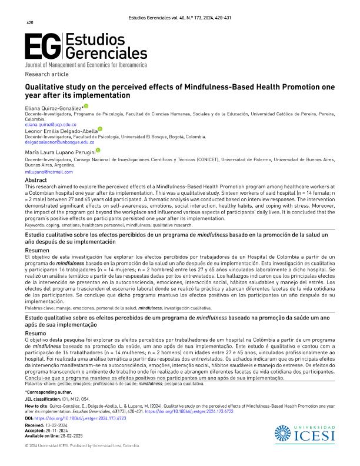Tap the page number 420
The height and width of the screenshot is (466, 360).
click(29, 23)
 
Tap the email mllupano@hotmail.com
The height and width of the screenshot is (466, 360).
click(47, 172)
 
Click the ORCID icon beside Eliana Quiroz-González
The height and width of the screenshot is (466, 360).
click(86, 106)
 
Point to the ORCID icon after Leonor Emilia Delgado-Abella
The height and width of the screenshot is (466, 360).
click(100, 129)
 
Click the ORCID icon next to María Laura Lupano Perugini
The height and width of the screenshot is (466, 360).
click(98, 151)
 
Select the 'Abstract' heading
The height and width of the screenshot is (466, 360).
click(35, 180)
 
